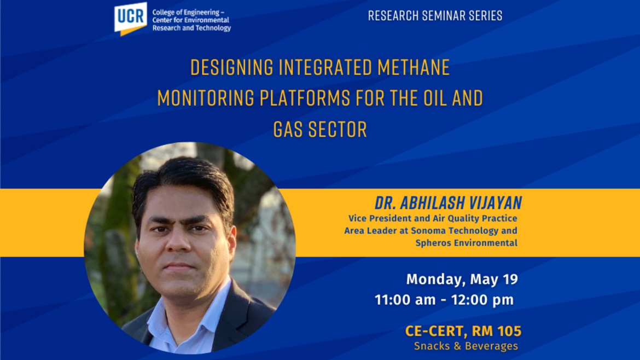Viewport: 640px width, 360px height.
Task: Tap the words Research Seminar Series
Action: point(435,15)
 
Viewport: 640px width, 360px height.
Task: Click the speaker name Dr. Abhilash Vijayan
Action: point(448,204)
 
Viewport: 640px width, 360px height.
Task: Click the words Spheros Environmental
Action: point(466,243)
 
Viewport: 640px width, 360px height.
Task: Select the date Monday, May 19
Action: point(462,280)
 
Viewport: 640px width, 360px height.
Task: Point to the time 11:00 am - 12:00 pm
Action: point(444,300)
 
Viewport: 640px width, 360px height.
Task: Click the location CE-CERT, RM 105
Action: point(463,331)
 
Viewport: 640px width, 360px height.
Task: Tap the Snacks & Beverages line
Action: point(466,346)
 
